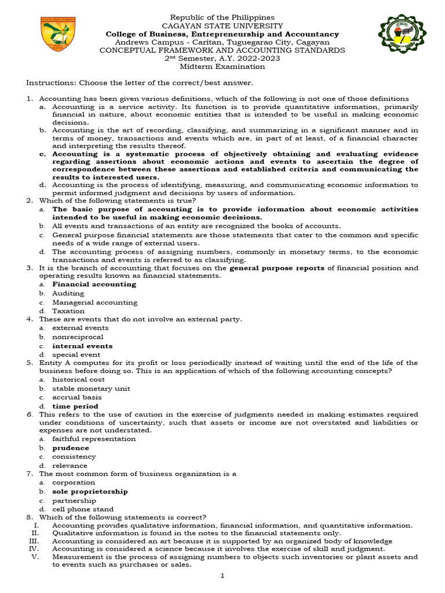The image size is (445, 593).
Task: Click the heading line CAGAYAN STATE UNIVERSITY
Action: (222, 26)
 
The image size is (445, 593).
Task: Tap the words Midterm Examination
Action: (222, 67)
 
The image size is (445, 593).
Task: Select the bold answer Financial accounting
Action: (94, 284)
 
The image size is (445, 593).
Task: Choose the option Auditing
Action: (68, 294)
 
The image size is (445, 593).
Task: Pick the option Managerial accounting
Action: (94, 302)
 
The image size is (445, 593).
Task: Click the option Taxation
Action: (68, 311)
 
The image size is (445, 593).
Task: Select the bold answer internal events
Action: (82, 346)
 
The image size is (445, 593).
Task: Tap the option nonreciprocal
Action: (78, 336)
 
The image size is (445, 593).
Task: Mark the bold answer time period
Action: (75, 407)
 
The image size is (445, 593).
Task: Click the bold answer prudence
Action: (71, 448)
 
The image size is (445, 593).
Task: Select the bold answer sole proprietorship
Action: (90, 491)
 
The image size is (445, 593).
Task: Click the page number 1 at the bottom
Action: (222, 577)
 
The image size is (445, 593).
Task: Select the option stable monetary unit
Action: (91, 389)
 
